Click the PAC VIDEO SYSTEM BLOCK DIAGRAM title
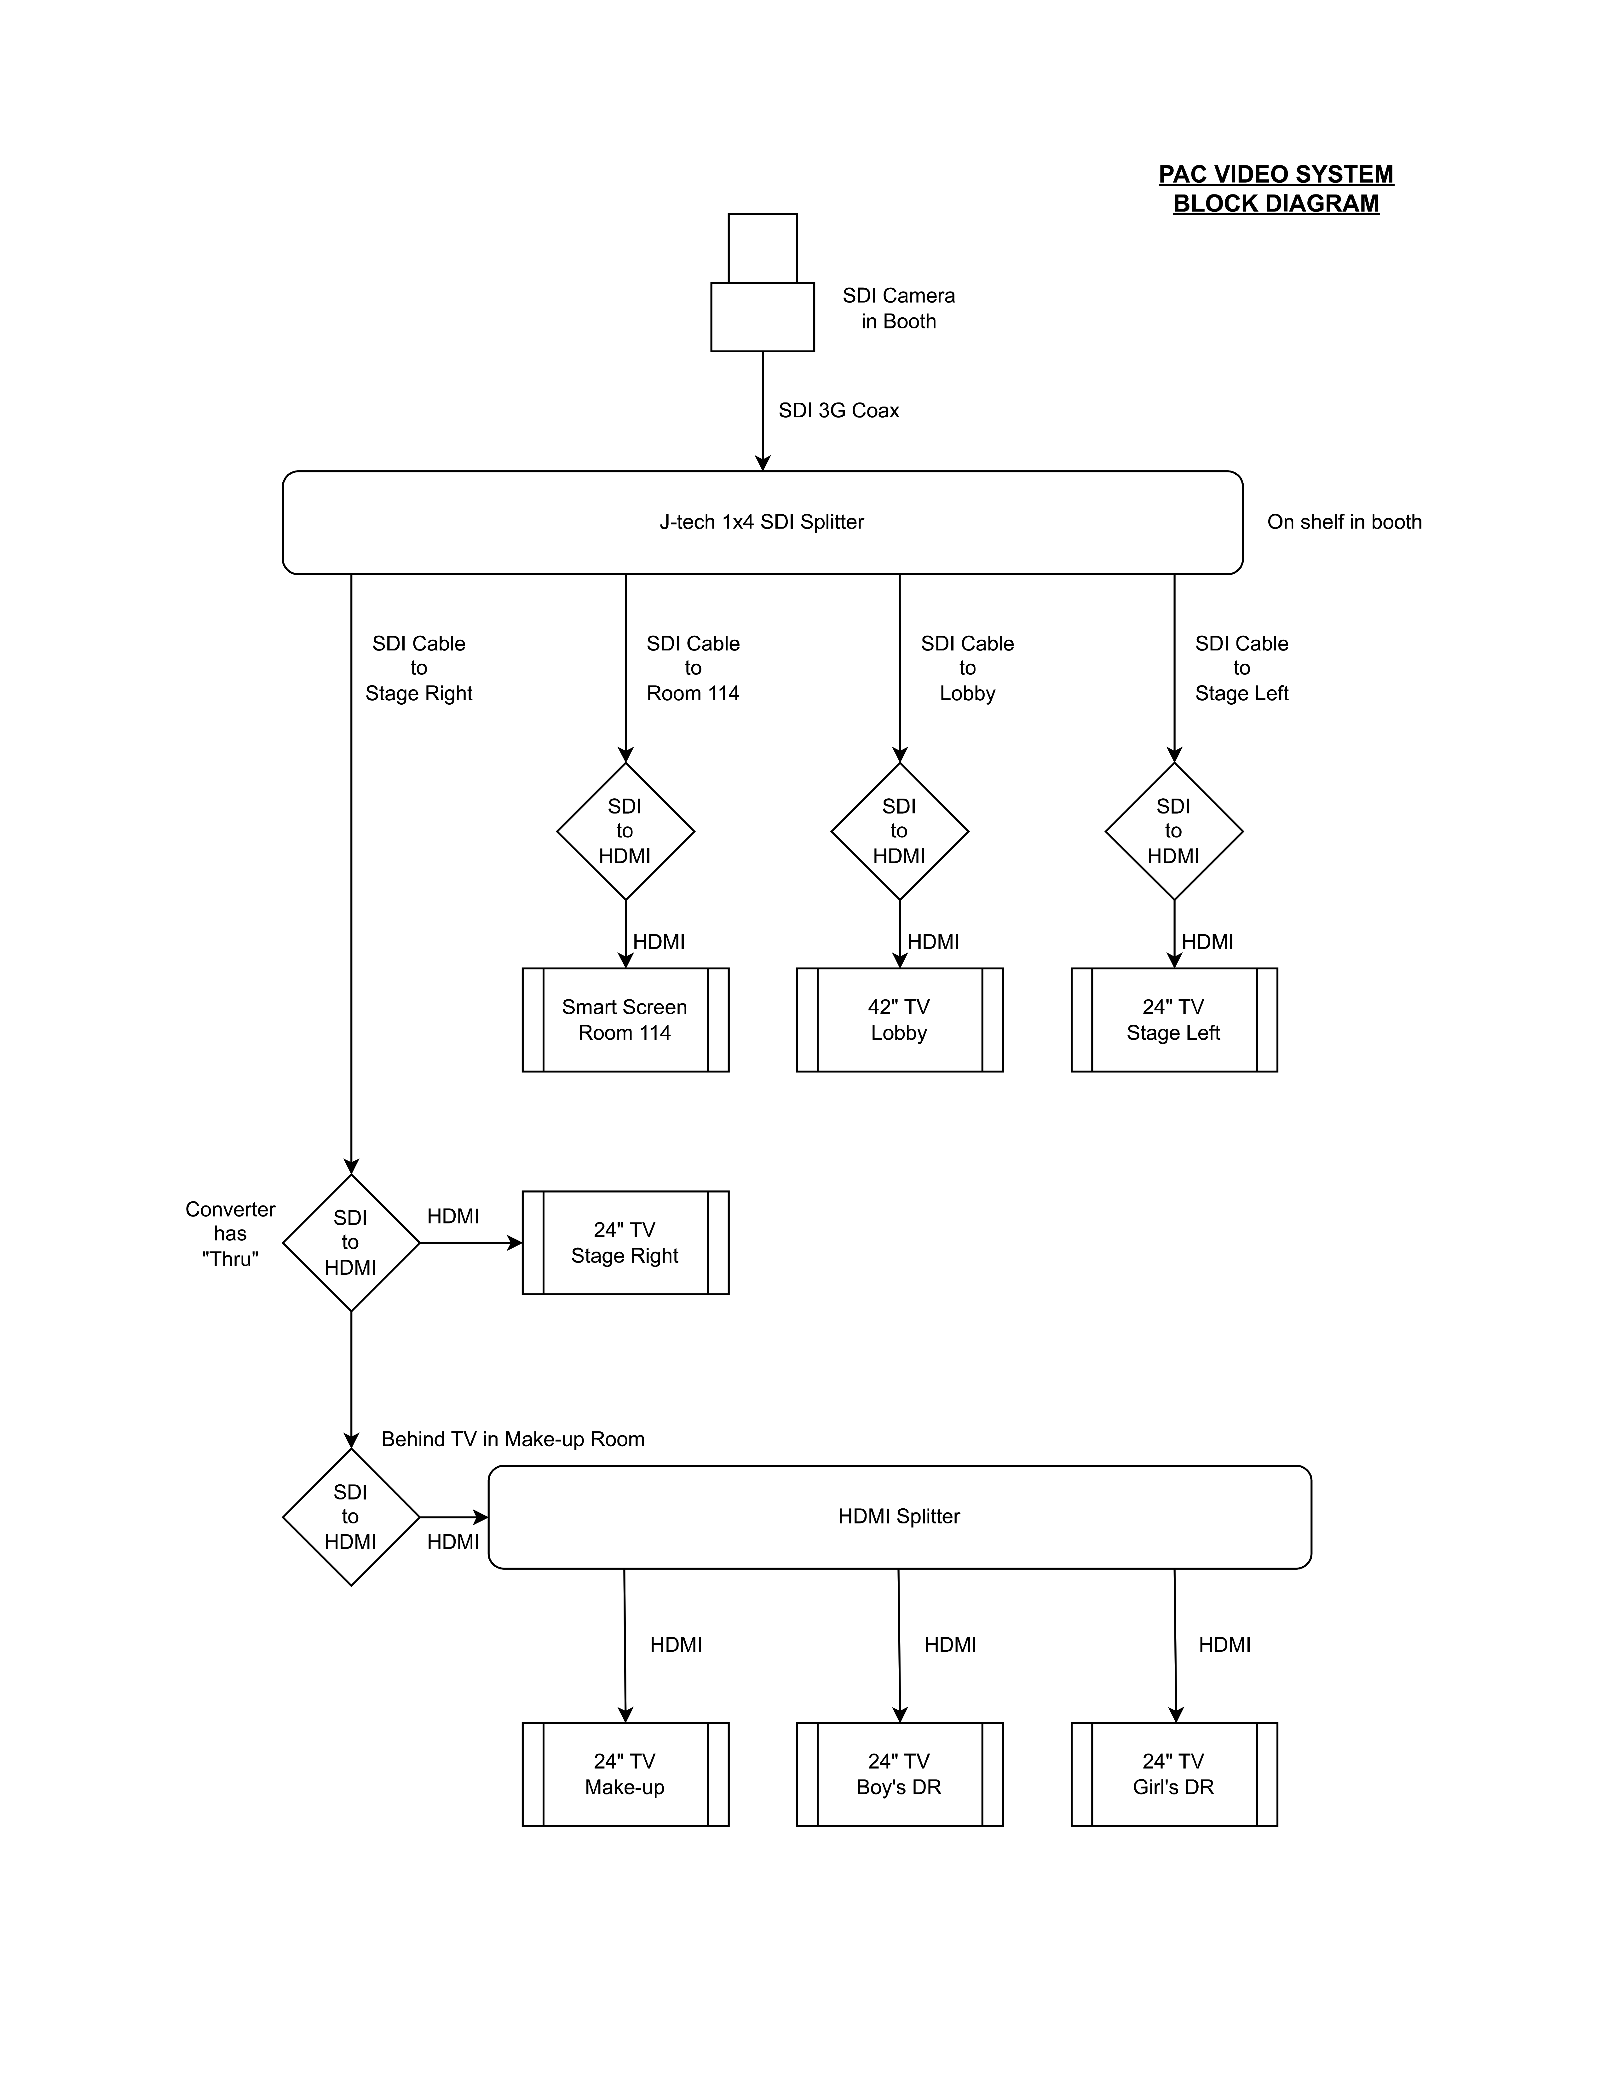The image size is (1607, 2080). [x=1276, y=188]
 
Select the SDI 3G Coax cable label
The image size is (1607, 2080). [x=838, y=410]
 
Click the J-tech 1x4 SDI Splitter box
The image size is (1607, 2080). [x=762, y=522]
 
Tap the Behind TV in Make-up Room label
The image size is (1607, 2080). [x=512, y=1439]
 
